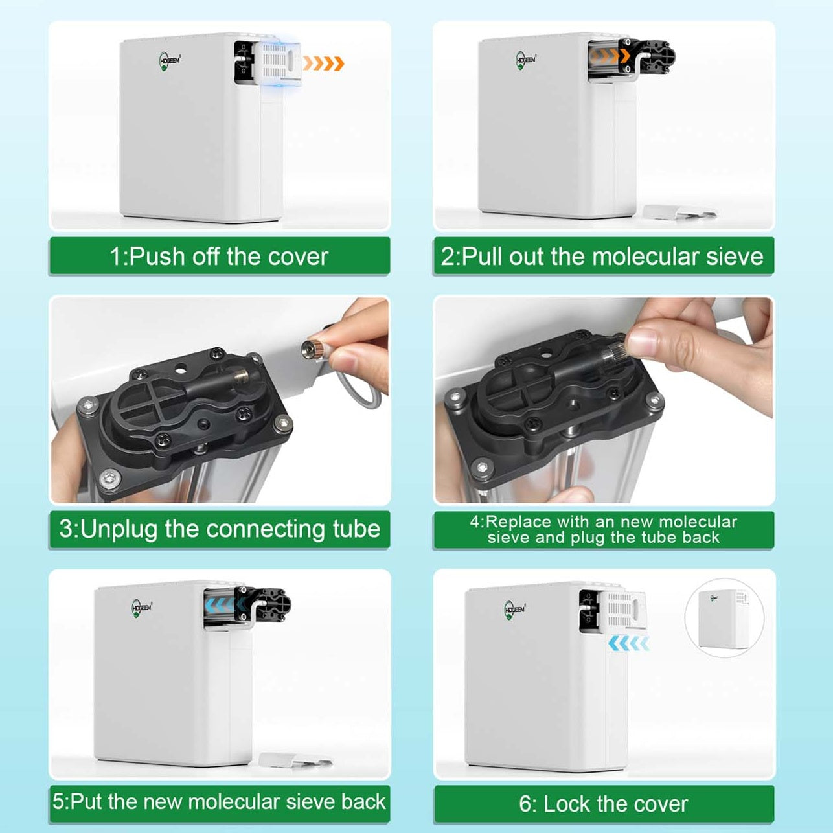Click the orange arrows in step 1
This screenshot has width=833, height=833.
point(324,63)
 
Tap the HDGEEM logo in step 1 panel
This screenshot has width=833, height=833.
point(170,61)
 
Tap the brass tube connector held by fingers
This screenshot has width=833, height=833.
point(311,351)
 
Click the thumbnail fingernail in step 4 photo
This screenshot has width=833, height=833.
point(642,341)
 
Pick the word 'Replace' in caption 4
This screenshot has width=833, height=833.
point(518,522)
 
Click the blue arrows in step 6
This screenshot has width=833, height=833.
point(629,643)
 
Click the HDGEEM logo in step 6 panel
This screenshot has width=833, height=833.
point(515,610)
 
